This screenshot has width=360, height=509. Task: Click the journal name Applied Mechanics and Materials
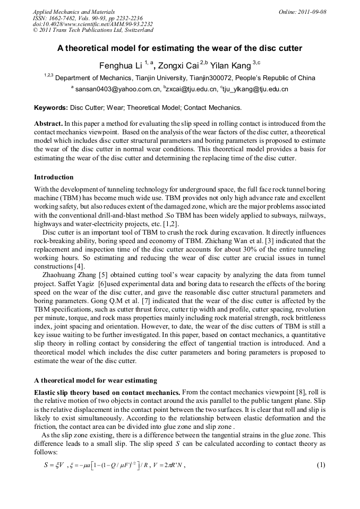(74, 12)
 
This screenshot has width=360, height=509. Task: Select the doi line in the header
(93, 24)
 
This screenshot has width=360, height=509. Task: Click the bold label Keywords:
(51, 108)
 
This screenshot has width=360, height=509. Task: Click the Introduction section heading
(54, 177)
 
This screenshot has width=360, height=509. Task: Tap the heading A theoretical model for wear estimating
(96, 380)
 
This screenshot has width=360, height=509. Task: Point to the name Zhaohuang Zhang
(71, 275)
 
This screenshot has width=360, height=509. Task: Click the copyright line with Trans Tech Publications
(93, 31)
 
